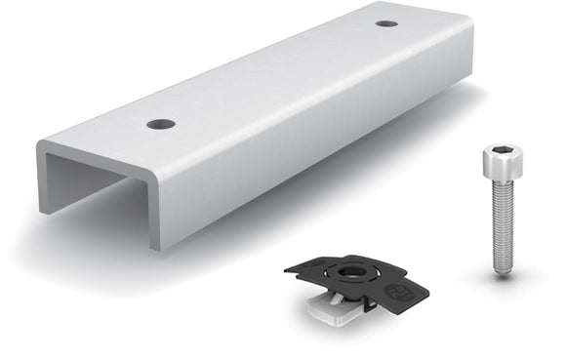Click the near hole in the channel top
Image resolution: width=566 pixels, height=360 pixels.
coord(161,124)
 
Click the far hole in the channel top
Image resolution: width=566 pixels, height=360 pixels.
coord(386,23)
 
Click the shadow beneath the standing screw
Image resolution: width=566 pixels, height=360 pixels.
coord(517,276)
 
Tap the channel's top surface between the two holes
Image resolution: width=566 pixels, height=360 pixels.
coord(273,74)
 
